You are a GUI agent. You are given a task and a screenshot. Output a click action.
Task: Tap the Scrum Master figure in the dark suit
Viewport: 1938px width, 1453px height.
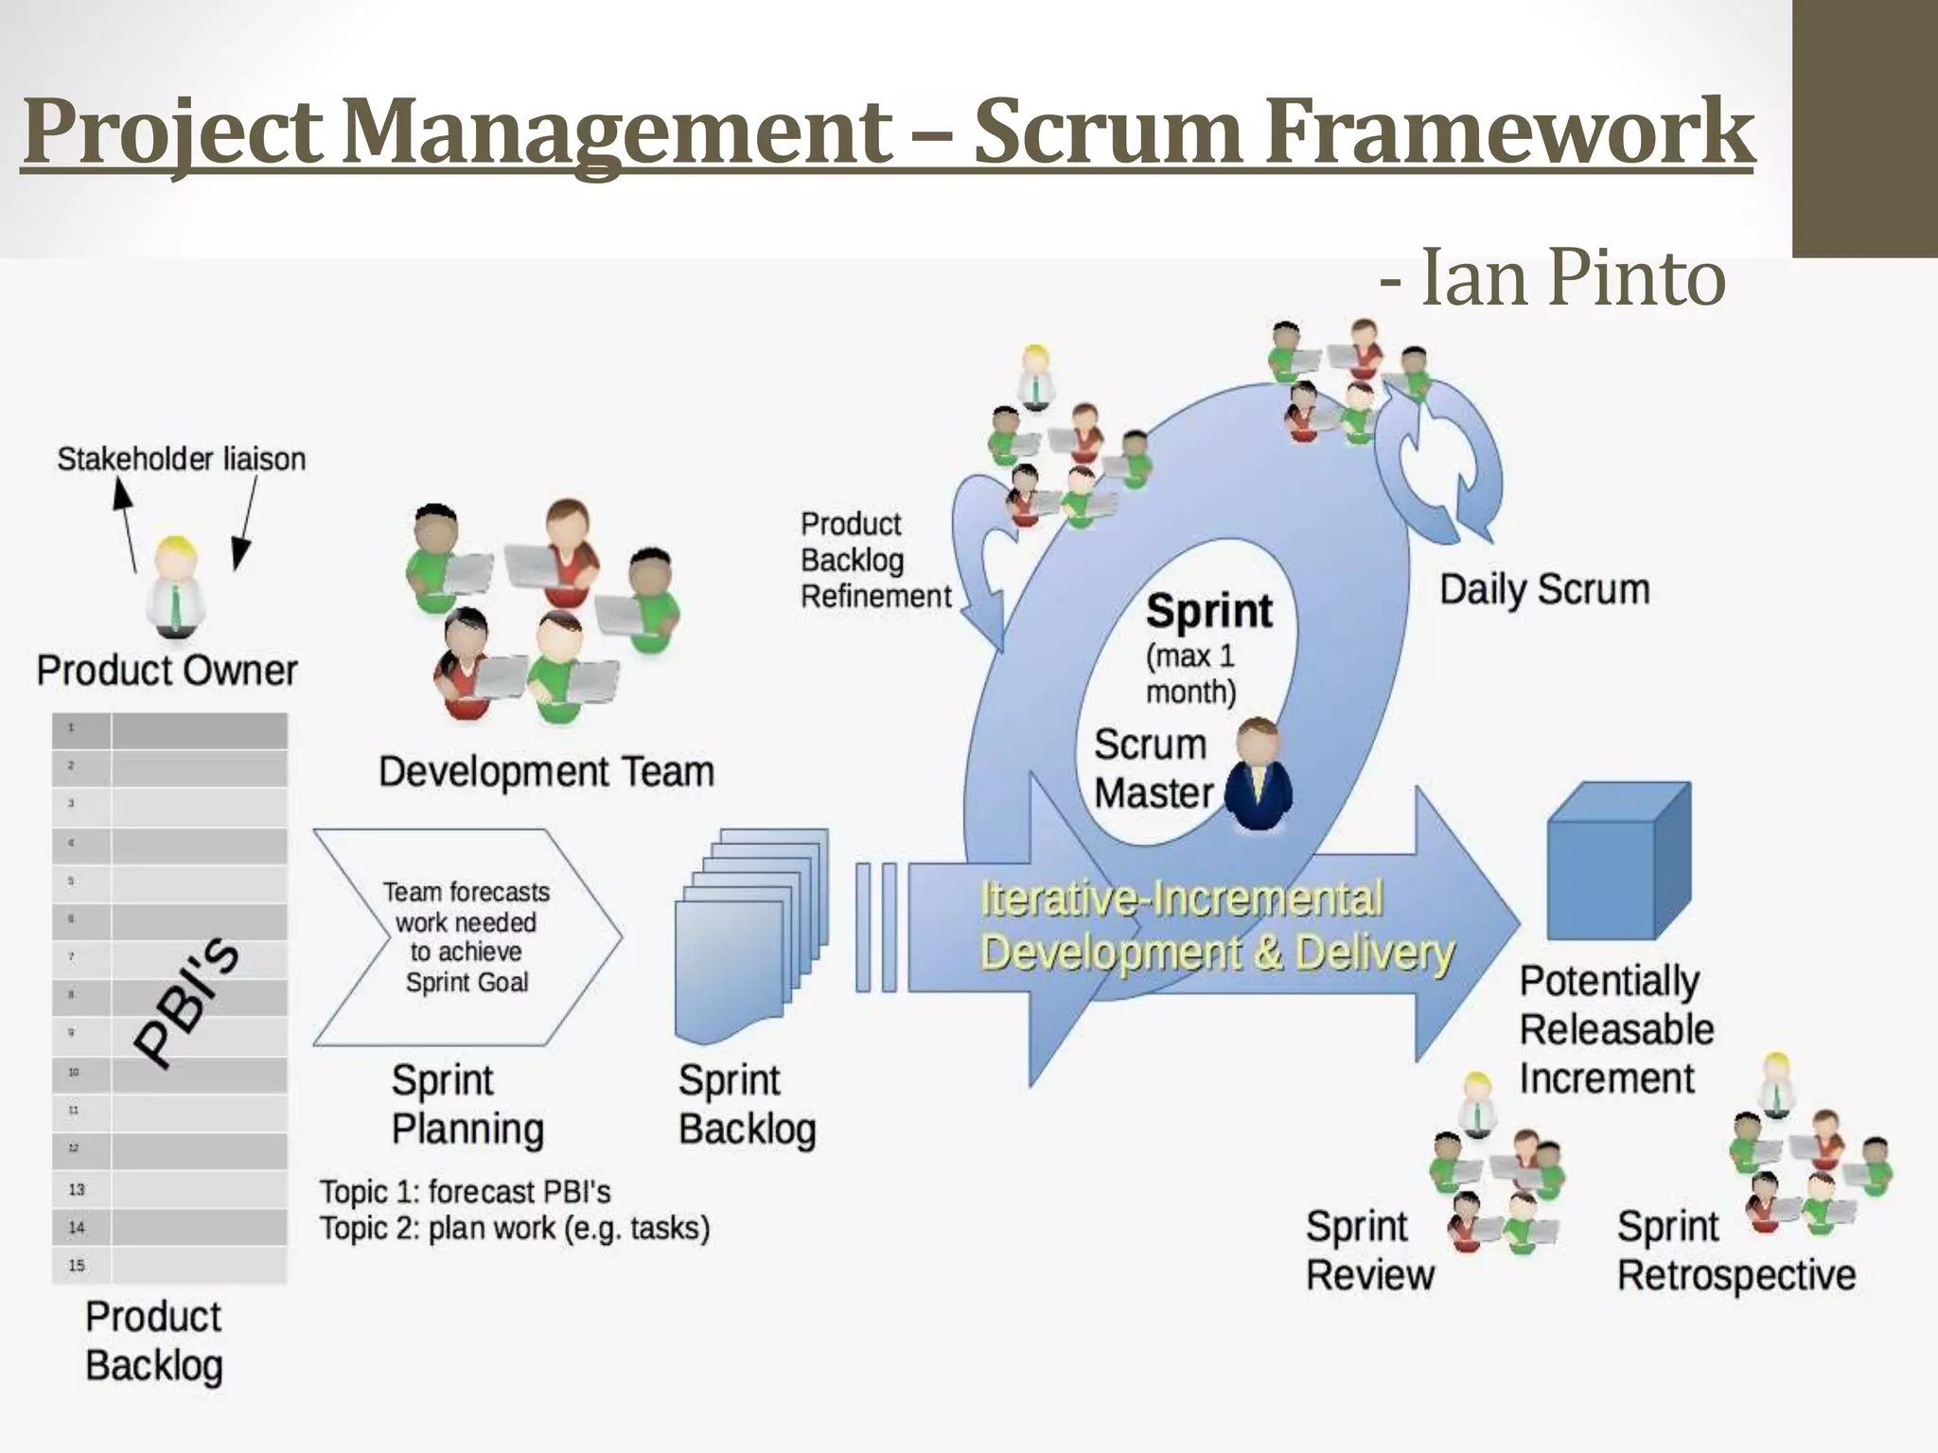(1258, 776)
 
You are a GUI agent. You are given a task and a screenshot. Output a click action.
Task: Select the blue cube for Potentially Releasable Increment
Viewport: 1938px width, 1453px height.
(1618, 861)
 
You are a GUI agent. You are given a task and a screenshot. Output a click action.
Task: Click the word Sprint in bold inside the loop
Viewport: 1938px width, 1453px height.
(1208, 611)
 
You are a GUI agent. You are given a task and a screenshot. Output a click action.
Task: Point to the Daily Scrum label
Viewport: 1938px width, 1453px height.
(1544, 589)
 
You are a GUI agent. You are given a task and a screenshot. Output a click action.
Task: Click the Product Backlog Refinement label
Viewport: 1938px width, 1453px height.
(875, 560)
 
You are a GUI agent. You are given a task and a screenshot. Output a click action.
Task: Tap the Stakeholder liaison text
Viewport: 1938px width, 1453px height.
(182, 459)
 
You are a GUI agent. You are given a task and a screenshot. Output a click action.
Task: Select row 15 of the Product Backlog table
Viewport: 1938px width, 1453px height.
(170, 1265)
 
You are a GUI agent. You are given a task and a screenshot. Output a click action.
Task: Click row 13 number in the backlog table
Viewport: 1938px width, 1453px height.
(77, 1189)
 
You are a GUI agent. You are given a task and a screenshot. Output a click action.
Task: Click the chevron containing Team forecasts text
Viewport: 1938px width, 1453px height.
(467, 937)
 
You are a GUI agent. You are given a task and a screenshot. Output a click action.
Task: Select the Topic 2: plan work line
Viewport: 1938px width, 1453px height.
(514, 1228)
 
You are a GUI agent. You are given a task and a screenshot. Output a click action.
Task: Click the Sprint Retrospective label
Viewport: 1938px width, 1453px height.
(1735, 1251)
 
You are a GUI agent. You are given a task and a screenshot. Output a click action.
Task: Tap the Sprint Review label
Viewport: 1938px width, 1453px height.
(1369, 1251)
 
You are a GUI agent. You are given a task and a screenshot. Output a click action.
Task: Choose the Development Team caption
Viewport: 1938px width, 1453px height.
(546, 772)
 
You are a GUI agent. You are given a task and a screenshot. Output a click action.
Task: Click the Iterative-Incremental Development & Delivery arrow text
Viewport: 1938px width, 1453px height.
(1216, 925)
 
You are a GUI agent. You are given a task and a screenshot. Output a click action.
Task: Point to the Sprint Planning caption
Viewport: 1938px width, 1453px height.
(467, 1105)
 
